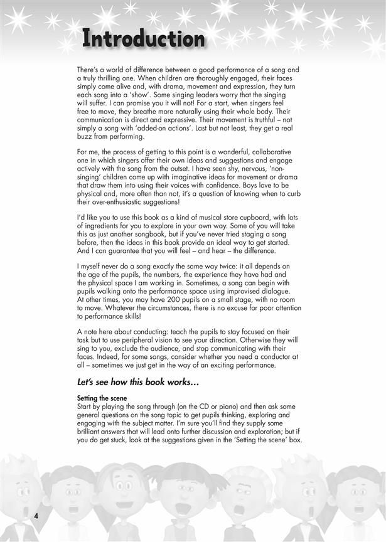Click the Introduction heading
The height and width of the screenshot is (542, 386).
[144, 40]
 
